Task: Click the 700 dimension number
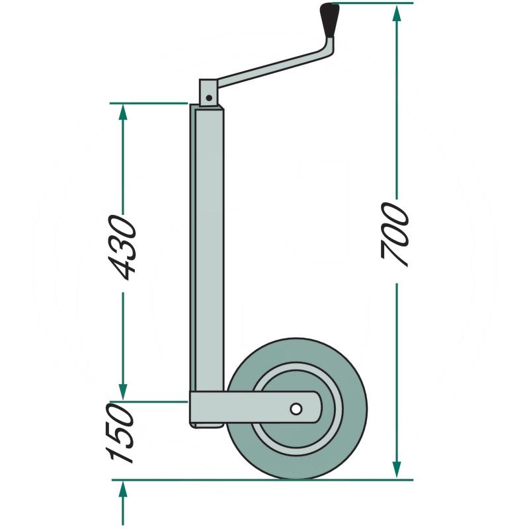click(x=395, y=235)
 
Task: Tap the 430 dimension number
click(x=122, y=246)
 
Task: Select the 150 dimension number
click(x=121, y=433)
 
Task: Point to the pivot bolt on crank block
click(x=209, y=97)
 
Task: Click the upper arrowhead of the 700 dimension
click(x=396, y=13)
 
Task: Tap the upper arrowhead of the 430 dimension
click(x=122, y=112)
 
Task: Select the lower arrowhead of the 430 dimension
click(x=122, y=391)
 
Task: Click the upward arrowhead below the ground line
click(x=122, y=491)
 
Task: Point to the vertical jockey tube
click(x=208, y=251)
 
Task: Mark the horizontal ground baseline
click(x=264, y=479)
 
